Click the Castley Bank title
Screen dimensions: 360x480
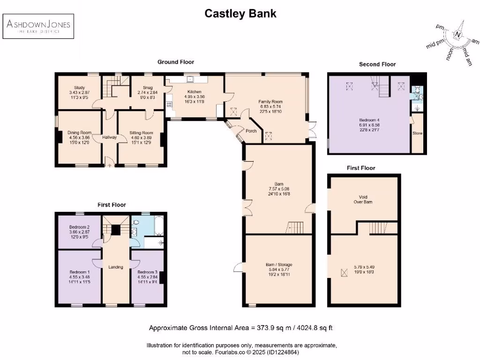coord(240,14)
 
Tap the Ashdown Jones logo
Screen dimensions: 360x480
coord(38,26)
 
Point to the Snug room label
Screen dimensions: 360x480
coord(144,87)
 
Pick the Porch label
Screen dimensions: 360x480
coord(251,131)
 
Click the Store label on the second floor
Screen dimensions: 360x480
coord(417,133)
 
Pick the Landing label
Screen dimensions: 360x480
coord(116,267)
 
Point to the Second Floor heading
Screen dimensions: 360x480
coord(377,64)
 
